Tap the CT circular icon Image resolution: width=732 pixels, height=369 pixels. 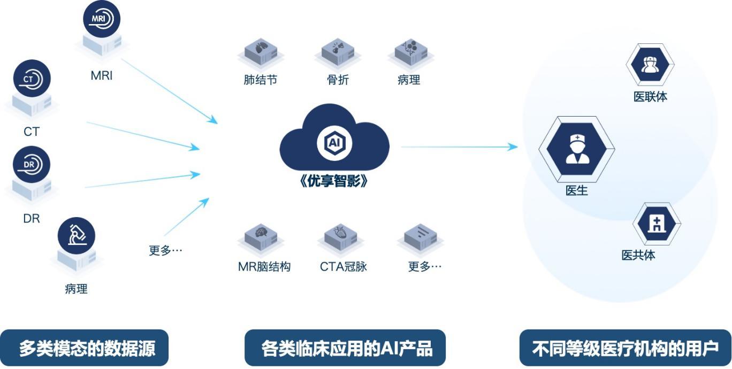coord(32,79)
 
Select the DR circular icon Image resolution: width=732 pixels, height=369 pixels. coord(32,165)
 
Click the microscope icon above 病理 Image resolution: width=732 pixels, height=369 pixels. coord(77,236)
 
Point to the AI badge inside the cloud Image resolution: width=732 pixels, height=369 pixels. coord(334,143)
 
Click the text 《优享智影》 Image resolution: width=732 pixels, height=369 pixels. coord(334,181)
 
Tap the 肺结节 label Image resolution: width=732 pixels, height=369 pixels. coord(261,80)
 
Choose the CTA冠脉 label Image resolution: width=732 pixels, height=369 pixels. coord(344,266)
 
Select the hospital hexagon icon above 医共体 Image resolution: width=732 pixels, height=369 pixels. coord(657,224)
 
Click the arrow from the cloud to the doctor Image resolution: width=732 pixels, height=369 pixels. coord(459,147)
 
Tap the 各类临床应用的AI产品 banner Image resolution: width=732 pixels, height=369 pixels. coord(345,348)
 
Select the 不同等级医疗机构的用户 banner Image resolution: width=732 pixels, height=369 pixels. coord(625,348)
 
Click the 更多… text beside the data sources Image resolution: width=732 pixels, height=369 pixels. coord(165,250)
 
